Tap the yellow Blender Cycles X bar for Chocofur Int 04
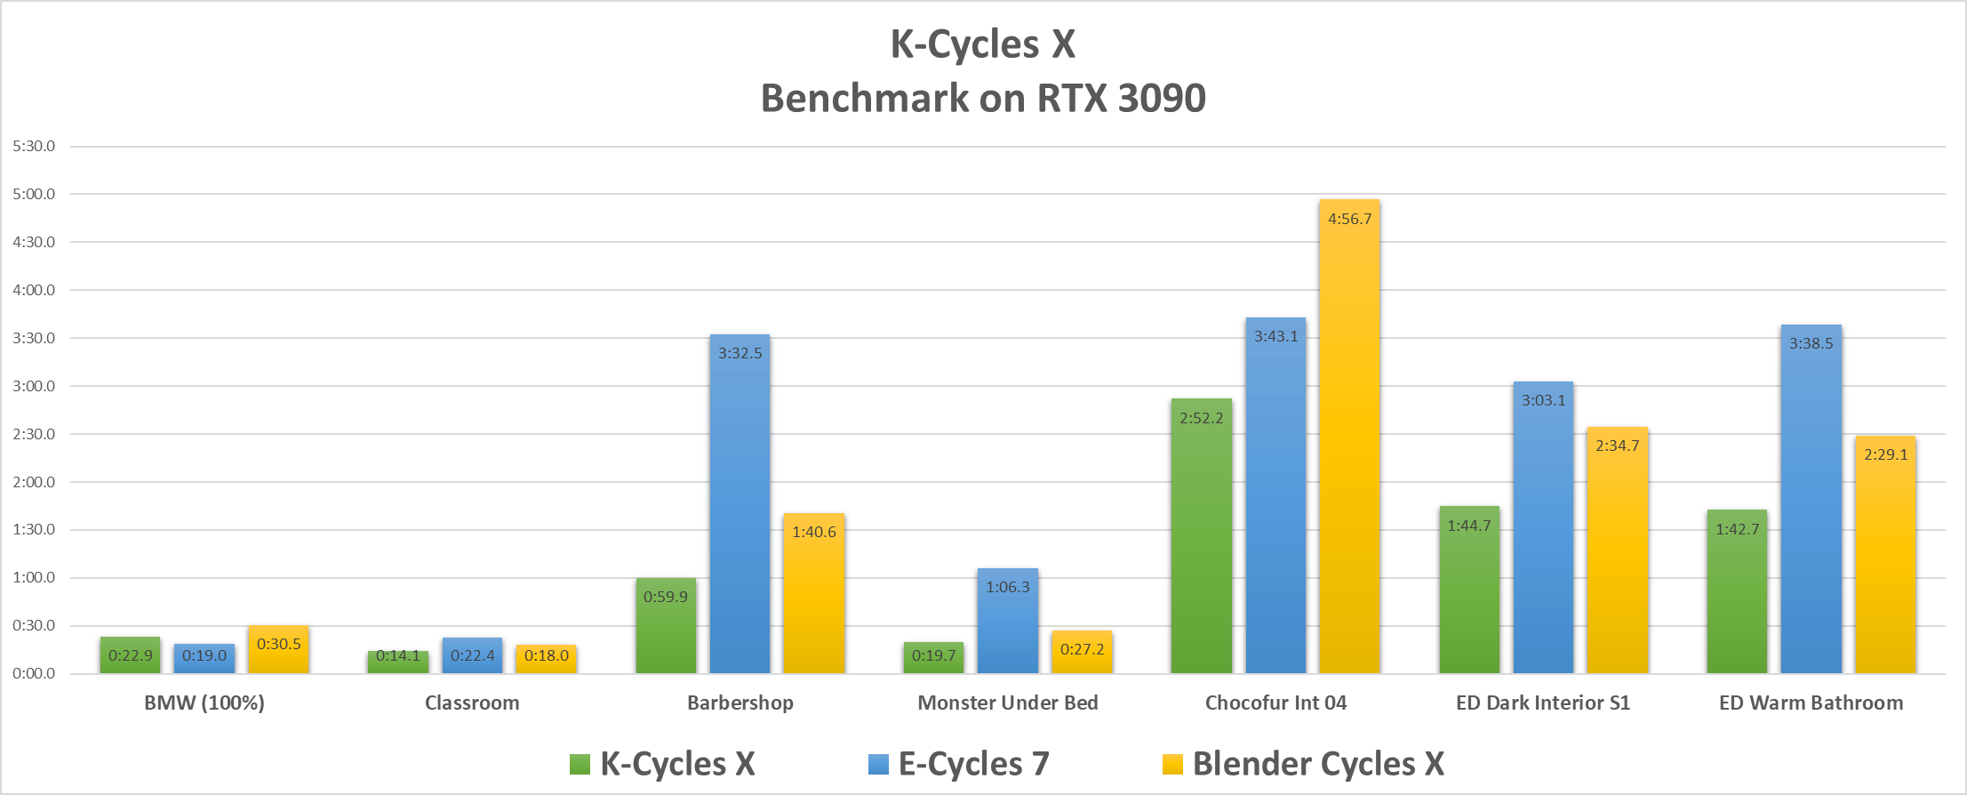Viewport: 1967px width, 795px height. tap(1349, 445)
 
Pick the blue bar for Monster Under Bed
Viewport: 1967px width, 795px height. tap(1007, 627)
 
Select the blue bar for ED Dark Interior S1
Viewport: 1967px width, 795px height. tap(1543, 534)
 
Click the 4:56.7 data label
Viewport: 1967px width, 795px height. tap(1349, 219)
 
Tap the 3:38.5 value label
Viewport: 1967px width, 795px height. tap(1811, 343)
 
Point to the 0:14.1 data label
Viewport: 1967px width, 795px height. tap(397, 656)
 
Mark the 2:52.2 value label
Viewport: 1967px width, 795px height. tap(1201, 418)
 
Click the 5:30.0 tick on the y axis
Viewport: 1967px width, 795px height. tap(34, 146)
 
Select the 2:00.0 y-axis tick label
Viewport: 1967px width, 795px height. tap(34, 482)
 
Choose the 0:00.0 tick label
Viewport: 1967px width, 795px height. tap(34, 673)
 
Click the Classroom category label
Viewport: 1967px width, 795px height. tap(472, 703)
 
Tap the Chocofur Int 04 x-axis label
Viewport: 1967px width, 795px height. tap(1275, 703)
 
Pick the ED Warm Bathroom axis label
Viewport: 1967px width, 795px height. tap(1811, 703)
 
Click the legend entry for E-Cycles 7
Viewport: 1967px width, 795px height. tap(973, 764)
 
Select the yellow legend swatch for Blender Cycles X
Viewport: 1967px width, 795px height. tap(1172, 764)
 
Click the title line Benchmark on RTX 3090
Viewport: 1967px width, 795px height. tap(983, 98)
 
